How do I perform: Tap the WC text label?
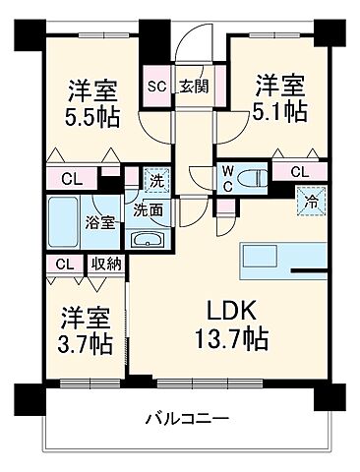click(225, 178)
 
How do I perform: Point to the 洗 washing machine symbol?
click(154, 180)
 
